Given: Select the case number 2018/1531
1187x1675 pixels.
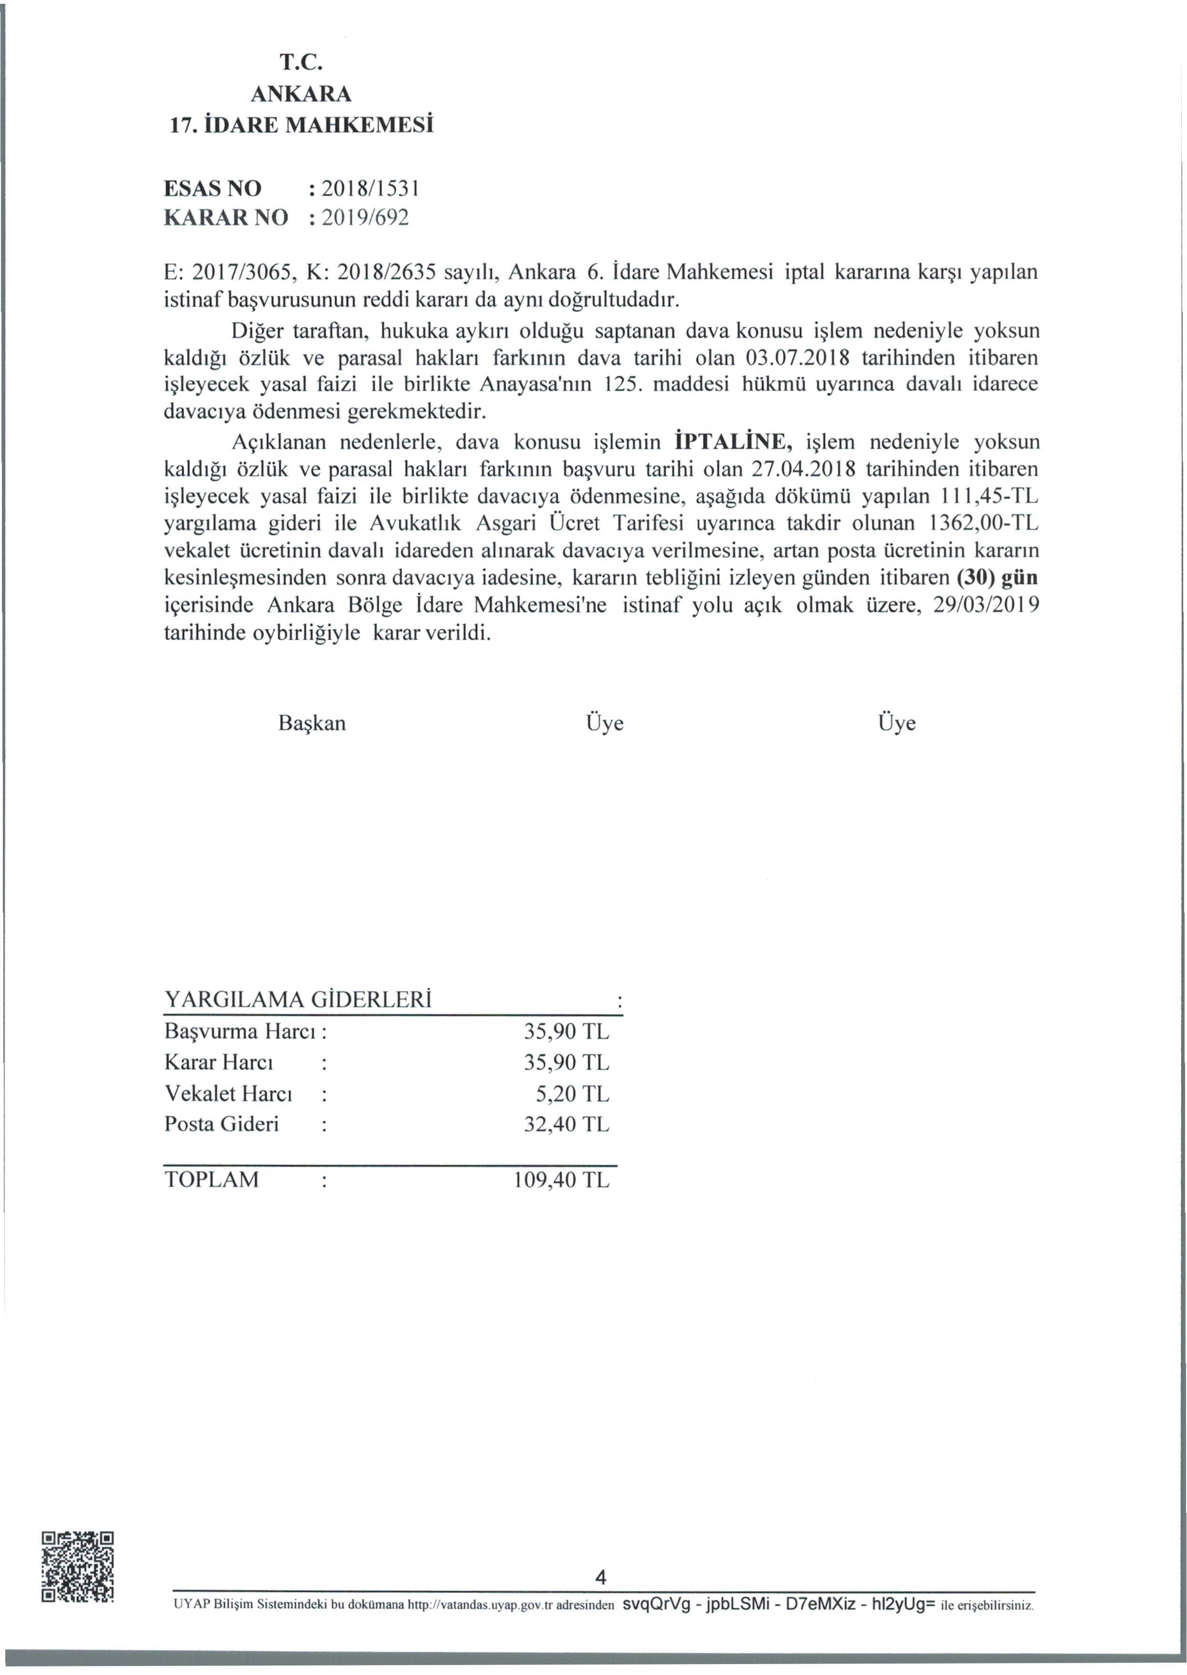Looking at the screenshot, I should tap(370, 189).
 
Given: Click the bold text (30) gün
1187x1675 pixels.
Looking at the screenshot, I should tap(997, 578).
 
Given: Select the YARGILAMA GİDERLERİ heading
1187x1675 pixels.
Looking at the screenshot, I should tap(298, 999).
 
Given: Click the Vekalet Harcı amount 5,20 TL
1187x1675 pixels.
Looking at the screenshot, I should tap(572, 1094).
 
